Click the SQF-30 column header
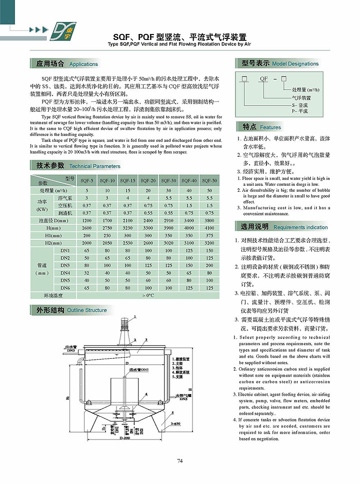168,180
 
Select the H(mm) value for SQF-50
209,227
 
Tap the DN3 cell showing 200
209,265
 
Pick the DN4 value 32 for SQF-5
86,273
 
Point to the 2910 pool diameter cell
168,220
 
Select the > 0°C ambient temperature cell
148,296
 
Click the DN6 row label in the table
65,288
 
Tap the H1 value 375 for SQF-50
209,235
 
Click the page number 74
180,461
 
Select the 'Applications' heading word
83,64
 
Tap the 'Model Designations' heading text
295,64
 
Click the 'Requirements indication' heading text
300,227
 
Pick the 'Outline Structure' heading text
86,310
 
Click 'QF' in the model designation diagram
263,79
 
